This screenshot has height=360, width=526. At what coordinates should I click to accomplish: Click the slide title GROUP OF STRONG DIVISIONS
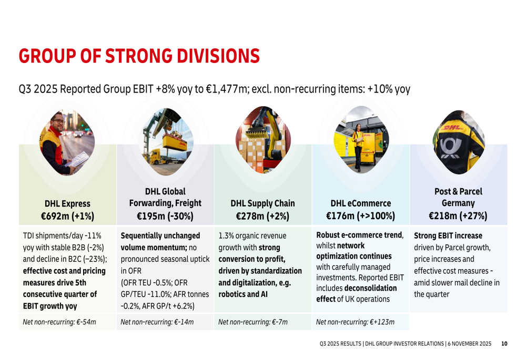[x=139, y=55]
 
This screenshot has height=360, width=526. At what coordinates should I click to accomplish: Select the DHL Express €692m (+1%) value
[x=67, y=216]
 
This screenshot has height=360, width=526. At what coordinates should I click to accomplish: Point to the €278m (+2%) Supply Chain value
[x=262, y=216]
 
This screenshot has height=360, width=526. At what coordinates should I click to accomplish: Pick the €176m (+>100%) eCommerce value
[x=360, y=216]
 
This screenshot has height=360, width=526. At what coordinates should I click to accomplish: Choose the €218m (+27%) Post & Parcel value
[x=458, y=216]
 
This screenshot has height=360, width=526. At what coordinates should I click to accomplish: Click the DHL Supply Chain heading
[x=262, y=203]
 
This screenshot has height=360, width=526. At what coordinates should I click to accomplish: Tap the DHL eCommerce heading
[x=360, y=203]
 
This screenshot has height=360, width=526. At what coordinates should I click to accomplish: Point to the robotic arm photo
[x=263, y=138]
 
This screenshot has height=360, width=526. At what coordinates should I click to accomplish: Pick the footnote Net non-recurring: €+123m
[x=355, y=322]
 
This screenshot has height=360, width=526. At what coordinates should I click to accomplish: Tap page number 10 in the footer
[x=504, y=344]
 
